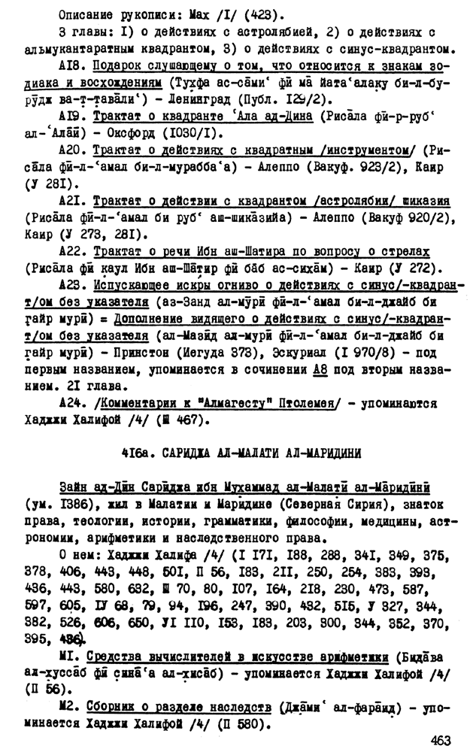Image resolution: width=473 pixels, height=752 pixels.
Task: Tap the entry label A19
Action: pyautogui.click(x=70, y=117)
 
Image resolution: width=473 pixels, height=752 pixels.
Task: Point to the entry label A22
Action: pyautogui.click(x=70, y=251)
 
